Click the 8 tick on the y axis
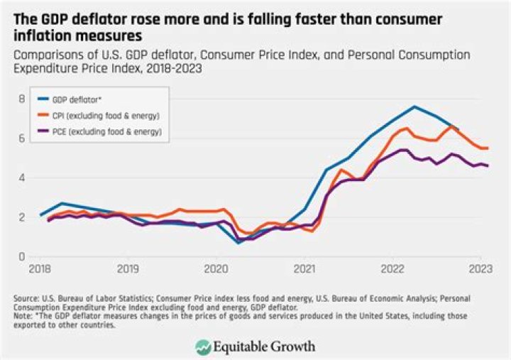[22, 99]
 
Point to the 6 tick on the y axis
[22, 138]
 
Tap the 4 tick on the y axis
[22, 178]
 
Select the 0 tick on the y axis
[22, 256]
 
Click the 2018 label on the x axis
[40, 270]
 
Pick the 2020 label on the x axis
[216, 270]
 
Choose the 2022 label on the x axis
[393, 270]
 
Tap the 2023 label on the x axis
[481, 270]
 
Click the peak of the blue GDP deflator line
[414, 107]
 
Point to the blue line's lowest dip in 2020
[238, 243]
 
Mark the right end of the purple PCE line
[488, 165]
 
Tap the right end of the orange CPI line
[488, 148]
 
